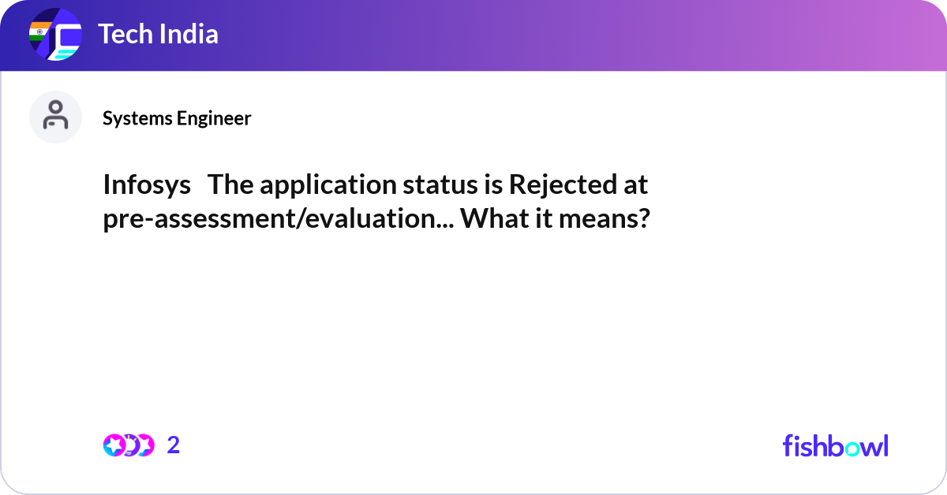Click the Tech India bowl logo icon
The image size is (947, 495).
click(56, 35)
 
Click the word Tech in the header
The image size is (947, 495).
click(123, 34)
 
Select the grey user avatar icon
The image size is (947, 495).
click(55, 117)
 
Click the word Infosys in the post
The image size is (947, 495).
click(147, 185)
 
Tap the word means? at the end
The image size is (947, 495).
click(605, 218)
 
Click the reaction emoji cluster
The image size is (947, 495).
click(128, 445)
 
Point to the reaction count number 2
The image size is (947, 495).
click(174, 445)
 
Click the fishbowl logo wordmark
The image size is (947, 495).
click(835, 445)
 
